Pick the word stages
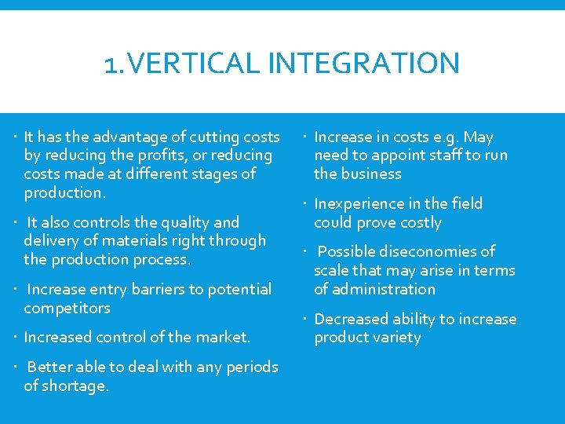(212, 174)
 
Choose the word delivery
(52, 240)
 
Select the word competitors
(67, 308)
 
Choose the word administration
(385, 289)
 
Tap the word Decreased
(351, 319)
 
